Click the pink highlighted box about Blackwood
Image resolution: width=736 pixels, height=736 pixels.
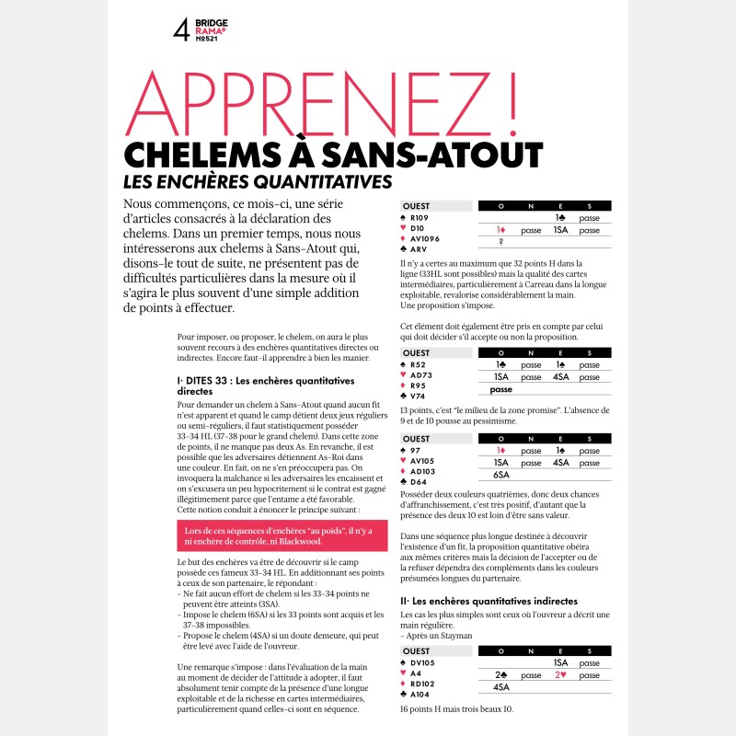pos(271,536)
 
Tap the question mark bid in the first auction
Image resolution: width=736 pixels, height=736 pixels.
pos(501,243)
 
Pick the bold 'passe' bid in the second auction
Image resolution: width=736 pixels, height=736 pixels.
pos(501,389)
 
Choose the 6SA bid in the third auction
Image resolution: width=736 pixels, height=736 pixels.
pos(502,475)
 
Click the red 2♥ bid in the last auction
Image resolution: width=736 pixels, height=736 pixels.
pos(562,674)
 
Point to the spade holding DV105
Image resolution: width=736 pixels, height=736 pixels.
pos(425,662)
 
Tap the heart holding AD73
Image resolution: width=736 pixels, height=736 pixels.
pos(422,375)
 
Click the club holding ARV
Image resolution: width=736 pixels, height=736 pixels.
pos(420,248)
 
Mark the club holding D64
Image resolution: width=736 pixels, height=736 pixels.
pos(420,481)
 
